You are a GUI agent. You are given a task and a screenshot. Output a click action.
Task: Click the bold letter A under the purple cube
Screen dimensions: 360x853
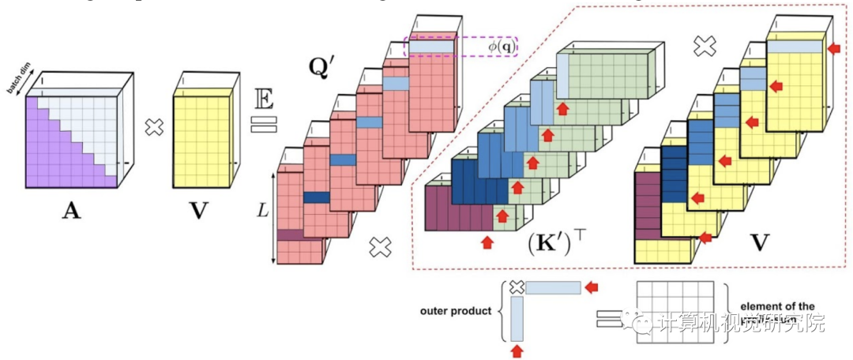point(71,212)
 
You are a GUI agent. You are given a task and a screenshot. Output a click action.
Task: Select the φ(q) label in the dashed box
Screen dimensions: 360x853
point(500,47)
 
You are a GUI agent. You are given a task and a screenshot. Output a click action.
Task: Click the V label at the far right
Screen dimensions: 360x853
point(759,242)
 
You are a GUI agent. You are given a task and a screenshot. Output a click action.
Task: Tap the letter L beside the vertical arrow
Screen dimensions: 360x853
point(261,210)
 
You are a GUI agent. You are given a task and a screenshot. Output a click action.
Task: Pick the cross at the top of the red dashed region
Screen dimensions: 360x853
point(703,47)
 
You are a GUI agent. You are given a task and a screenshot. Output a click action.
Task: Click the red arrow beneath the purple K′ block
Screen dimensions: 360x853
point(487,242)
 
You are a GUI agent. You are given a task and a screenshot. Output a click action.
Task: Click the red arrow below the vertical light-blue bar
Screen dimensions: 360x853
point(518,347)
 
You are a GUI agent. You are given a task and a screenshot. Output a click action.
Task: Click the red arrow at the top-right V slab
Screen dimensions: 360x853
point(831,50)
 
